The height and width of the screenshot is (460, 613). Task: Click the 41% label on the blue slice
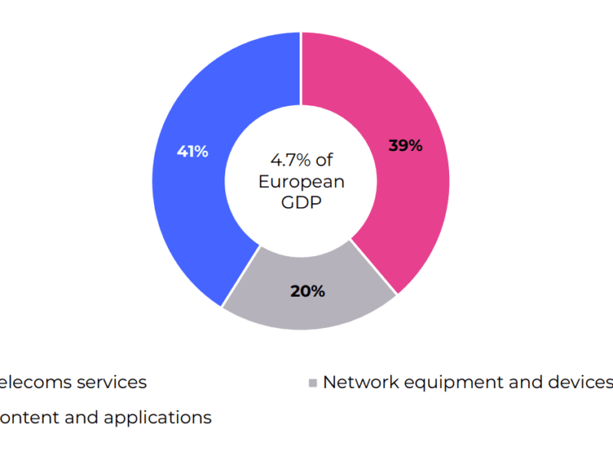(x=192, y=152)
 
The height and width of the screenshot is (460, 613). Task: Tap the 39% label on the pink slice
(x=405, y=146)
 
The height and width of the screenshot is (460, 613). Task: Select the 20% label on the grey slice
(x=307, y=291)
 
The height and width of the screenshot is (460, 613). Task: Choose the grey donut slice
(x=306, y=307)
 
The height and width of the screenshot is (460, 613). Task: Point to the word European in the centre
(x=301, y=182)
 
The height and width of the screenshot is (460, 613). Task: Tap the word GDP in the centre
(x=301, y=203)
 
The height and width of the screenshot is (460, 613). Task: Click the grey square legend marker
(x=312, y=383)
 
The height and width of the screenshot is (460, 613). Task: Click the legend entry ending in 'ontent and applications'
(x=105, y=418)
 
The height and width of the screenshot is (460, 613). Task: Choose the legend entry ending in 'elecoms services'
(x=73, y=382)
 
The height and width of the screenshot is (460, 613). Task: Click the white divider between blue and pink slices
(x=301, y=69)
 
